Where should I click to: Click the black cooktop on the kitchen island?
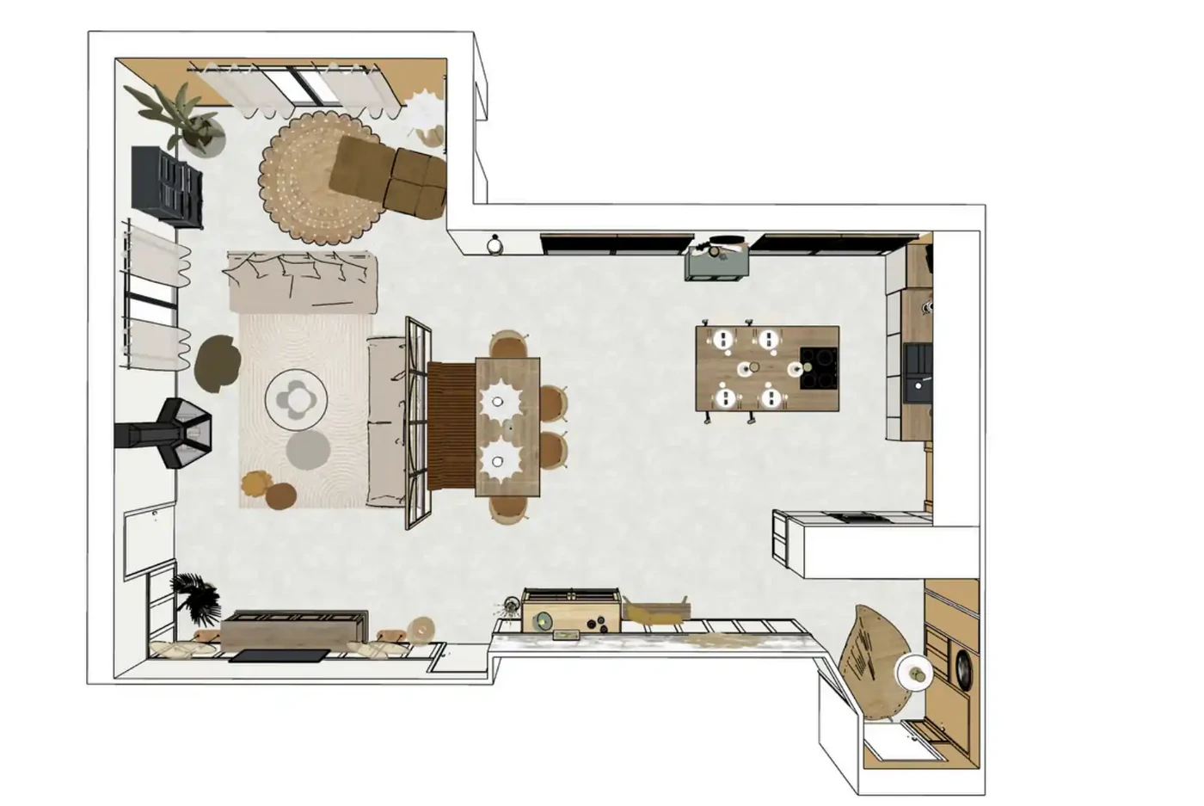pos(819,368)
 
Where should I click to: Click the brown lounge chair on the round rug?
pos(387,174)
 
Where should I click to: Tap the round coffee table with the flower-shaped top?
pos(297,397)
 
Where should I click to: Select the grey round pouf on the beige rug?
pos(307,448)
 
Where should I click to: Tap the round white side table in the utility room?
pos(915,671)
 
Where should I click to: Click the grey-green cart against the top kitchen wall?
pos(717,260)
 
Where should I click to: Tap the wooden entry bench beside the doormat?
pos(292,629)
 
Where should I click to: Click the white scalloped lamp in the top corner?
pos(422,109)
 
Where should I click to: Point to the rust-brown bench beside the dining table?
pos(451,426)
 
